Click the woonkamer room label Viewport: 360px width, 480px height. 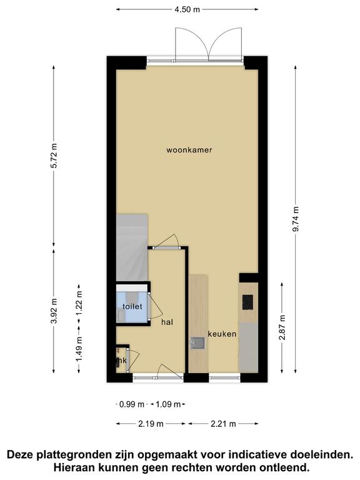tap(189, 150)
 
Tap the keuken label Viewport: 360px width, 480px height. tap(222, 334)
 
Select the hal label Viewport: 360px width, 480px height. tap(167, 322)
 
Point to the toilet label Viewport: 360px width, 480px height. tap(132, 306)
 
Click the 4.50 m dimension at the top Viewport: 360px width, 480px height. tap(187, 9)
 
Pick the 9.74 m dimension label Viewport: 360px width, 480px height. tap(296, 219)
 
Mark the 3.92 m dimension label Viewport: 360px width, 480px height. tap(54, 311)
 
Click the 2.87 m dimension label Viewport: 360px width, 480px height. tap(282, 327)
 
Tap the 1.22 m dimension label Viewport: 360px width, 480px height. tap(79, 302)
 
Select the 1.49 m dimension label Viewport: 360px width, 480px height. tap(79, 349)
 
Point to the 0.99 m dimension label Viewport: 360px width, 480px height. tap(132, 404)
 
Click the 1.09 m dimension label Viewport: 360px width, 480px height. tap(168, 404)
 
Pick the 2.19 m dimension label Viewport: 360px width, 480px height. tap(151, 424)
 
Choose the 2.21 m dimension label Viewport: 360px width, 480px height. tap(223, 424)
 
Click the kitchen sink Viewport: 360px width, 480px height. tap(197, 343)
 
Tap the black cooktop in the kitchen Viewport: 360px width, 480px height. tap(247, 302)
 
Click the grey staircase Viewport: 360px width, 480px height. tap(132, 247)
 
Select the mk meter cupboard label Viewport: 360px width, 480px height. tap(121, 361)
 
